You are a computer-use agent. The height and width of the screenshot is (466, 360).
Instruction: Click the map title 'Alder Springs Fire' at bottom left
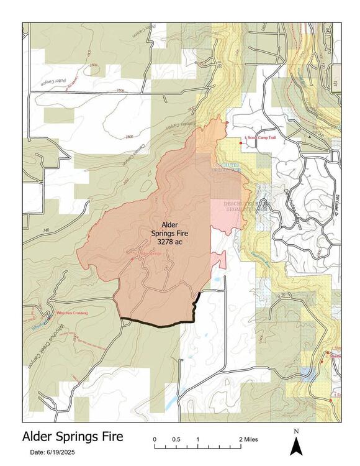73,436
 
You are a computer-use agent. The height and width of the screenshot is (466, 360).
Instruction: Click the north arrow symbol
296,445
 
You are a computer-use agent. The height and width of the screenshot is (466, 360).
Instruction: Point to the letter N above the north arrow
296,431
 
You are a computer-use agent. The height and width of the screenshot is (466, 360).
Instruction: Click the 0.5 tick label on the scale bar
176,439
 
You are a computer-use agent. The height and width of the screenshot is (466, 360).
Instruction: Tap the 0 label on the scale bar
155,439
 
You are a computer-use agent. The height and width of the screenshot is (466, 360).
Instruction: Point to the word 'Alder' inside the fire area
169,224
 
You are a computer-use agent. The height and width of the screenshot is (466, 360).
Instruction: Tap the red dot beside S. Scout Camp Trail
240,143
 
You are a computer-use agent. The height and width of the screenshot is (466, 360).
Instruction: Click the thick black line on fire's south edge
155,324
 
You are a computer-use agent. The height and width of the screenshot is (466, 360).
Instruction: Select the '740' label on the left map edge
29,231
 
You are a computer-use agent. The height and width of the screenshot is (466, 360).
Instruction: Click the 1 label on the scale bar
197,439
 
